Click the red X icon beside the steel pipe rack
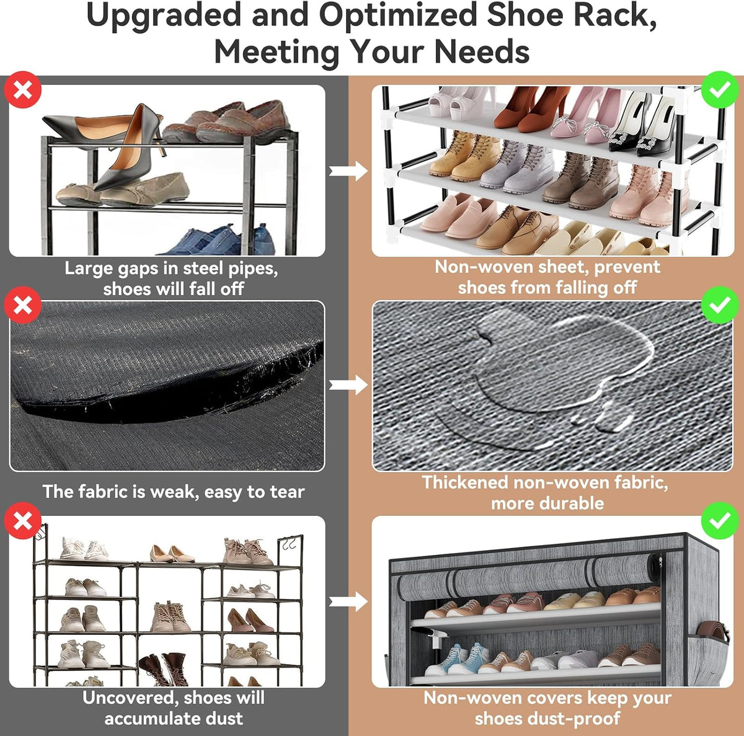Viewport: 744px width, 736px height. click(23, 89)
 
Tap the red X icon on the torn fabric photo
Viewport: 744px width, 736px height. click(23, 305)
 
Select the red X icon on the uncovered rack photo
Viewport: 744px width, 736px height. click(23, 521)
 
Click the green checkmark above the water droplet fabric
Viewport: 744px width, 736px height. click(720, 305)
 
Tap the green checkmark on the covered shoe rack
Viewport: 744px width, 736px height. click(720, 521)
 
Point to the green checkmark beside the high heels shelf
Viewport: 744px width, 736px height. click(720, 89)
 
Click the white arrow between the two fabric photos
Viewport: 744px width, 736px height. click(348, 385)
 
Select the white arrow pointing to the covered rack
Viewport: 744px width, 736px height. click(348, 601)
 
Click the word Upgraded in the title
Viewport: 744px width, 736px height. click(164, 16)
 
